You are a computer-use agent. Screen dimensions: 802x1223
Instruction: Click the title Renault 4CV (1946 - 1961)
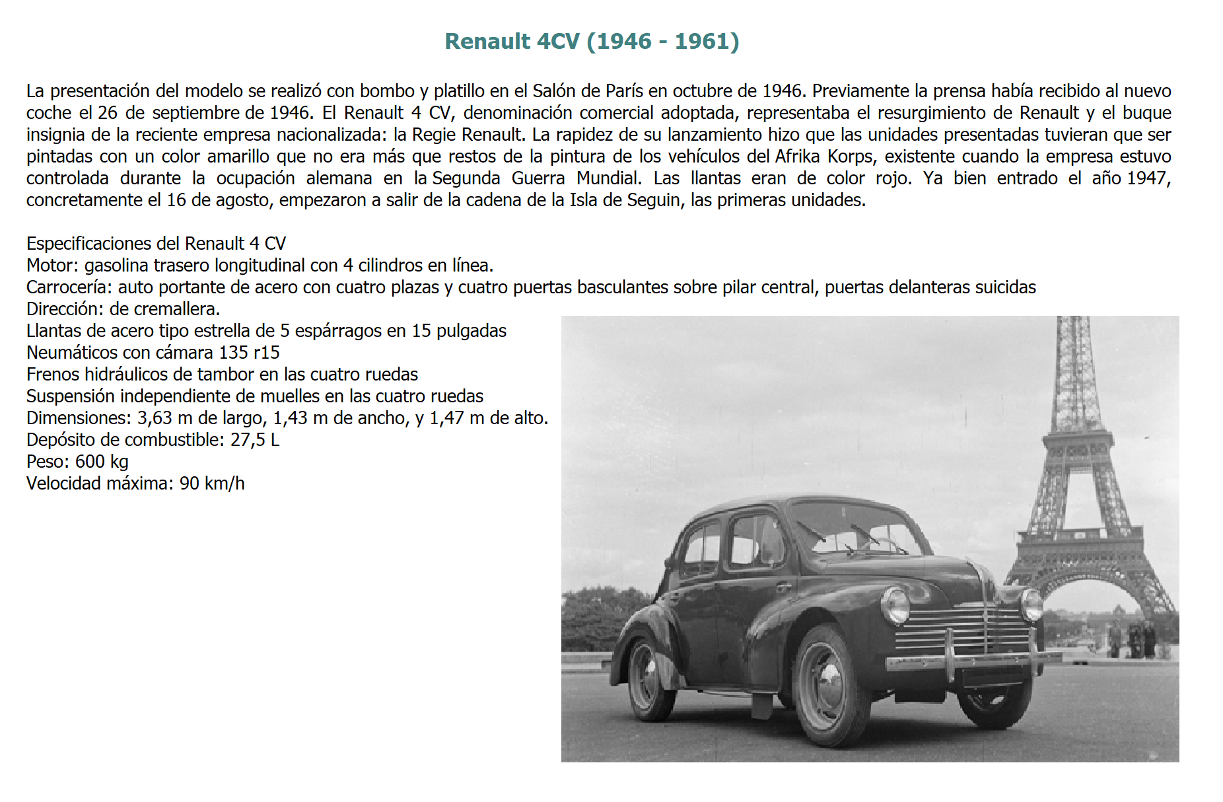coord(592,41)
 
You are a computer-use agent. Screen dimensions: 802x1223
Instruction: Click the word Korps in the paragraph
coord(850,157)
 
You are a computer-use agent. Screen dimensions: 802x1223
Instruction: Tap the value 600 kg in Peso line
coord(102,462)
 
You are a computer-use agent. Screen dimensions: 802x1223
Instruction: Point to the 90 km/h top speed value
coord(212,484)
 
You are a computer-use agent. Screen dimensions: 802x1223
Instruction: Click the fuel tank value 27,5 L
coord(255,440)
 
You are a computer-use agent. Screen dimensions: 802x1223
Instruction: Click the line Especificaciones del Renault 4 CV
coord(156,244)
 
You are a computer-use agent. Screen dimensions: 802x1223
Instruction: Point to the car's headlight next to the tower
coord(1031,604)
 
